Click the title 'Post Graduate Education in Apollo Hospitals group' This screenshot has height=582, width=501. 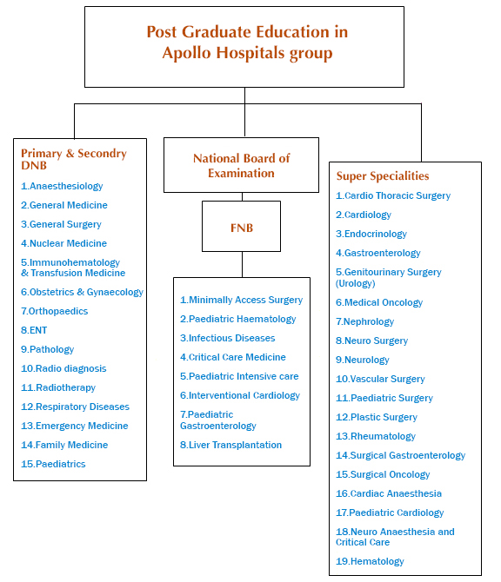[x=246, y=43]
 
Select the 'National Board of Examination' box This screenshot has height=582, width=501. [x=241, y=165]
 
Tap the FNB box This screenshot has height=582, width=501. [x=241, y=227]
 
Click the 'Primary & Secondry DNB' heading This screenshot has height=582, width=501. [x=73, y=159]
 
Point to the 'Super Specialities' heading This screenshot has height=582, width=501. [x=383, y=176]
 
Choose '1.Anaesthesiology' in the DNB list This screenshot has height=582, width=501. [x=62, y=186]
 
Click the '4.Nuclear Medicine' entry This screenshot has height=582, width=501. [x=63, y=243]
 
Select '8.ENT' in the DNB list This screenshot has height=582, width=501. [x=34, y=330]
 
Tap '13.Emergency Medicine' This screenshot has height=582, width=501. [x=74, y=426]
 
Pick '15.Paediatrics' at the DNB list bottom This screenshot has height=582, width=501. [x=53, y=464]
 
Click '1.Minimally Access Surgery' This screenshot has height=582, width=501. [x=241, y=300]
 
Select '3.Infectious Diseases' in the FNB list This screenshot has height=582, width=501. [x=227, y=338]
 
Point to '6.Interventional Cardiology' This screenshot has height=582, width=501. [x=240, y=395]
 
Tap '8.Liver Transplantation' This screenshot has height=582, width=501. [x=230, y=445]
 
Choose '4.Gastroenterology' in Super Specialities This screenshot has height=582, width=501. [x=378, y=253]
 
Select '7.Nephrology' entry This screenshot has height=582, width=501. [x=365, y=321]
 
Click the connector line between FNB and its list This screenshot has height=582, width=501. [x=241, y=265]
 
